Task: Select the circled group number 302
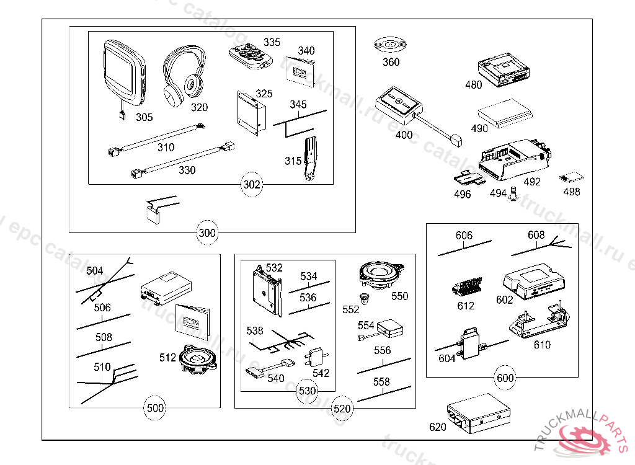(252, 184)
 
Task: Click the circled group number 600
(505, 377)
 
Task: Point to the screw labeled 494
(513, 196)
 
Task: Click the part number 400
(404, 135)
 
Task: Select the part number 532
(274, 268)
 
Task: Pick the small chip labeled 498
(569, 177)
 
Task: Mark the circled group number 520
(342, 408)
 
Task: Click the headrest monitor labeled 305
(124, 73)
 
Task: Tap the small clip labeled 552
(367, 298)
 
